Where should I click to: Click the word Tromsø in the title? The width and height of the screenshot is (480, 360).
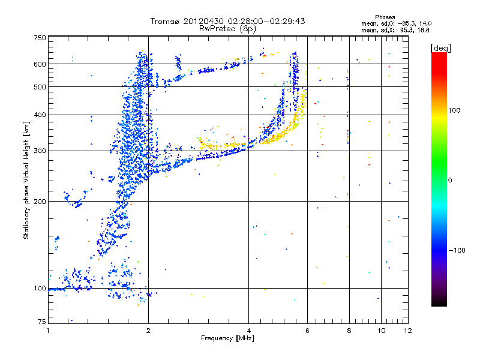[165, 21]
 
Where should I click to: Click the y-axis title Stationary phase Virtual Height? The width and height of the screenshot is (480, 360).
[26, 180]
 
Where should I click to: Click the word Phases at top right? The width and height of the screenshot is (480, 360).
[385, 17]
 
